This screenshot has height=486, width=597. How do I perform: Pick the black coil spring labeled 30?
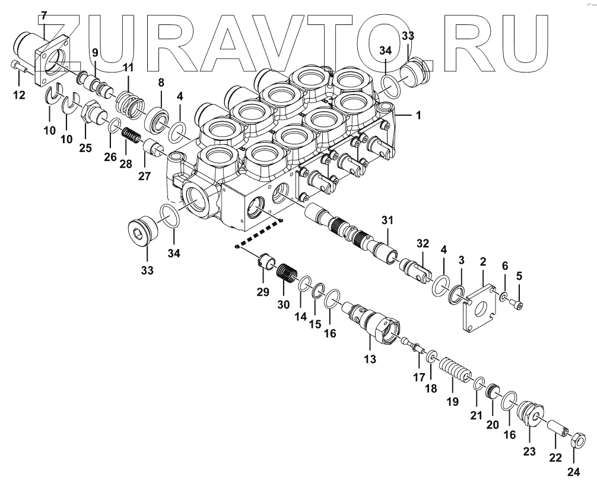point(287,276)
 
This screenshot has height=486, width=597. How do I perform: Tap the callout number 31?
point(388,221)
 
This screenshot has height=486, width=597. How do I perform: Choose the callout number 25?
point(86,148)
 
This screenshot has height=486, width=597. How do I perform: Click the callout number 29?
point(262,291)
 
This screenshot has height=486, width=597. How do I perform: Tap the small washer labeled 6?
point(503,296)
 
